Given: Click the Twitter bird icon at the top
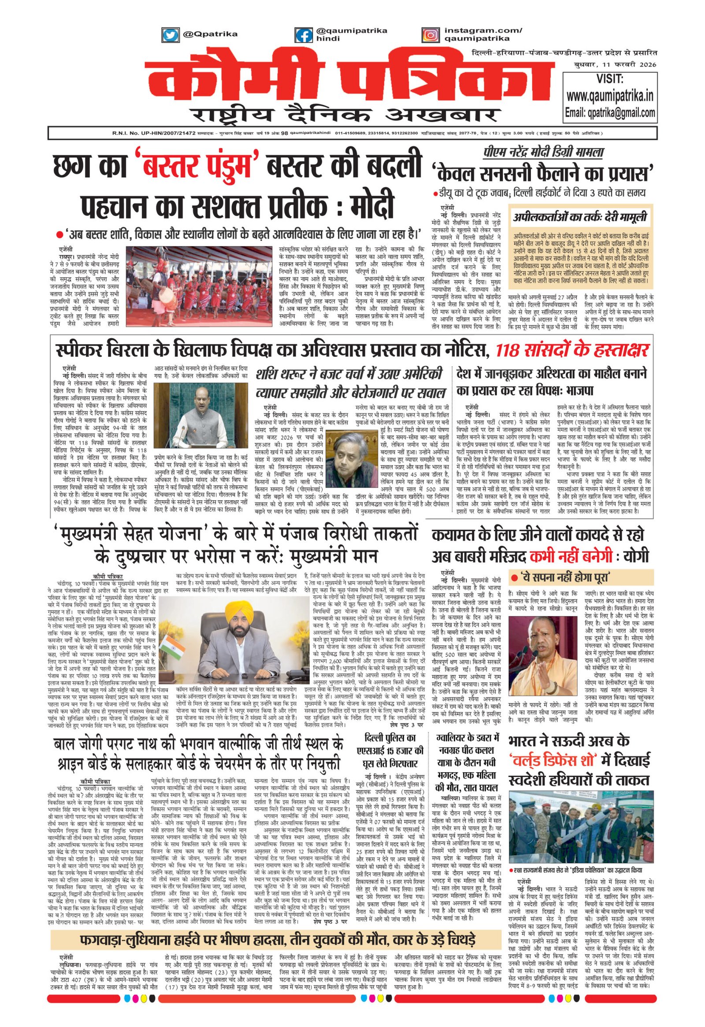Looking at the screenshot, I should click(x=170, y=34).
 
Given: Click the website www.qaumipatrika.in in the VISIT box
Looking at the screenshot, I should click(x=610, y=96).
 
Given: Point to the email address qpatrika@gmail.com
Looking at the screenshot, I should click(x=610, y=112).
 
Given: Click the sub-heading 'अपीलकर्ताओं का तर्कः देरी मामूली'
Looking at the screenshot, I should click(x=580, y=217).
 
